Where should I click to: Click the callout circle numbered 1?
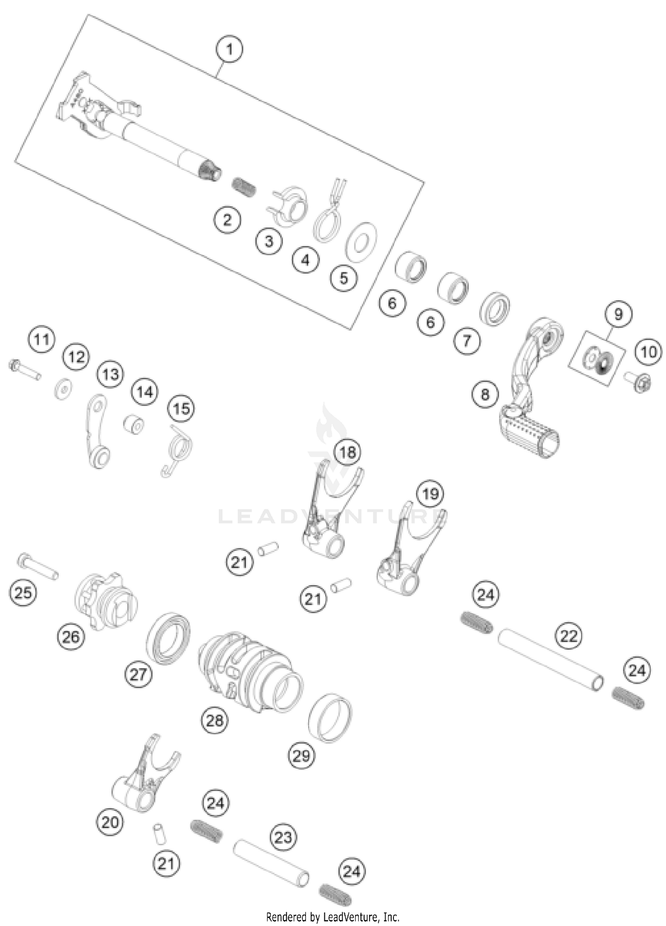coord(230,49)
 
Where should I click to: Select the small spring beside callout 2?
coord(244,186)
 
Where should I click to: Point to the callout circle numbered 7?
coord(467,341)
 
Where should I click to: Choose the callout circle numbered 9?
coord(618,314)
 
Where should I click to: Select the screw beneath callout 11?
coord(24,370)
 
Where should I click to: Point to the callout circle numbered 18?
coord(348,452)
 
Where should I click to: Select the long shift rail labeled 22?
coord(551,659)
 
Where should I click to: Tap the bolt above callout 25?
coord(38,566)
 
